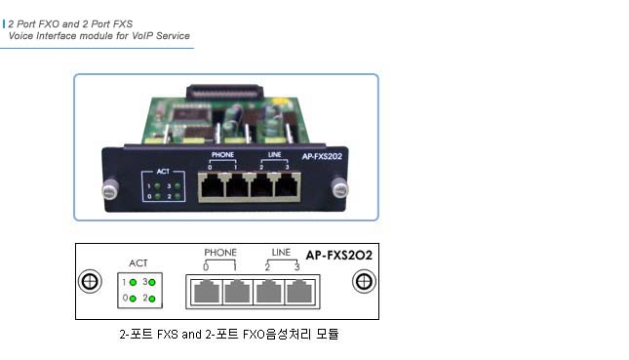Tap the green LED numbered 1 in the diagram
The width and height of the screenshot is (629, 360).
pyautogui.click(x=131, y=282)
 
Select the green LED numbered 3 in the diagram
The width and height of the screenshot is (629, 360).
pyautogui.click(x=153, y=282)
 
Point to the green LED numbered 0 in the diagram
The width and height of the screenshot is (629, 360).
pyautogui.click(x=131, y=297)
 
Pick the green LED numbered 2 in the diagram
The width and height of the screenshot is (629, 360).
pyautogui.click(x=153, y=297)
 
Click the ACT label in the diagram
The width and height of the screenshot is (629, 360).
pyautogui.click(x=140, y=262)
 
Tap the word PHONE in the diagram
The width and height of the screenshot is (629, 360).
pyautogui.click(x=220, y=253)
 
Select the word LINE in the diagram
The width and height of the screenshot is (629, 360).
pyautogui.click(x=281, y=253)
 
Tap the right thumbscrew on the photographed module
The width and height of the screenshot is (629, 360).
pyautogui.click(x=338, y=184)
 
